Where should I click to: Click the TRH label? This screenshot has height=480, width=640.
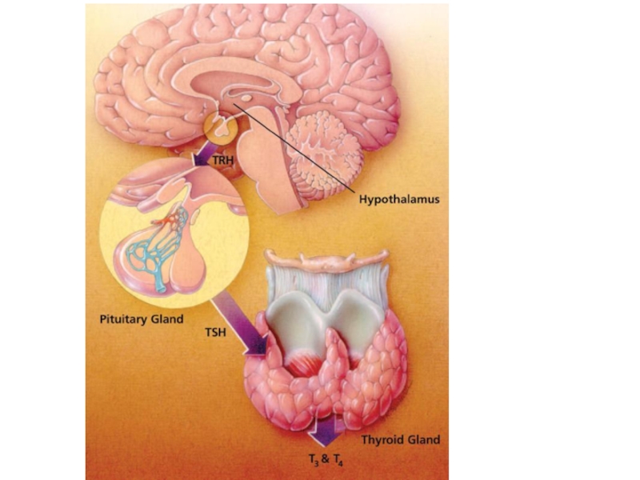tap(223, 159)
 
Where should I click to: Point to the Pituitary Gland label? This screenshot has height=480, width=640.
tap(142, 319)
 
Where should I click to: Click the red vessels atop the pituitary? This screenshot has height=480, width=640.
tap(170, 218)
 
